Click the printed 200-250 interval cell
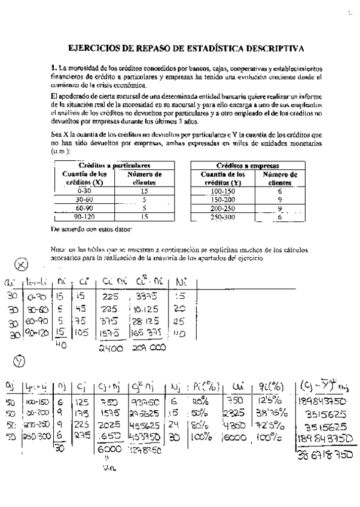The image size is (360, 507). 222,209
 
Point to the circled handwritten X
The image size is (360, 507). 21,265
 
